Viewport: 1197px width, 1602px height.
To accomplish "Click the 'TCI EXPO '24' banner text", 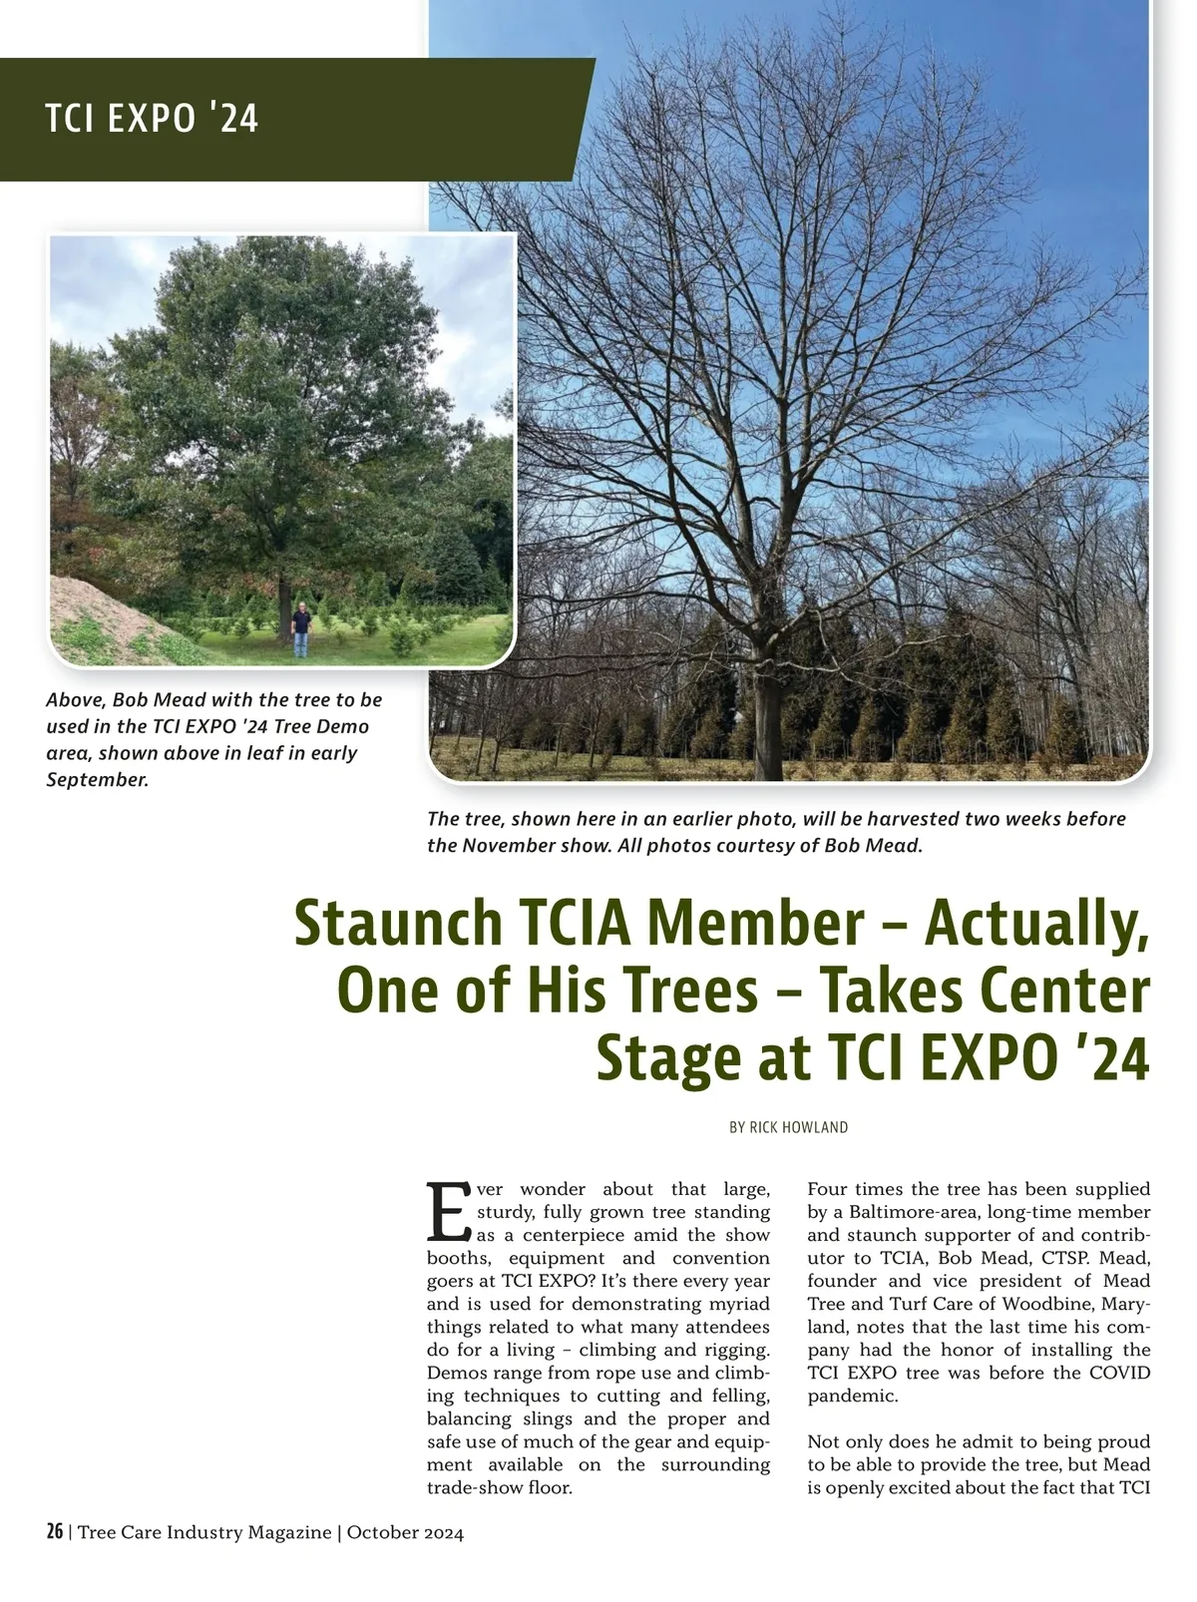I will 152,120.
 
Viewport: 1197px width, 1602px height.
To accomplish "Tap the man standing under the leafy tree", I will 301,628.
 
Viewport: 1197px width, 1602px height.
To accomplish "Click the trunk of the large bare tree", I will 767,718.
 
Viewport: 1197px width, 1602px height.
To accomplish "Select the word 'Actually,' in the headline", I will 1036,925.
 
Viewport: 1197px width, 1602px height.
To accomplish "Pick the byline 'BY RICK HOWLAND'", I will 788,1127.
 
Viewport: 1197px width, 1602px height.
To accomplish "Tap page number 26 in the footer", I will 55,1532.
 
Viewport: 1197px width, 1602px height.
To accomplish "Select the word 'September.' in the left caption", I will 97,779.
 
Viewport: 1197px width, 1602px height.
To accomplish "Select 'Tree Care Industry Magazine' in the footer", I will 203,1533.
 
